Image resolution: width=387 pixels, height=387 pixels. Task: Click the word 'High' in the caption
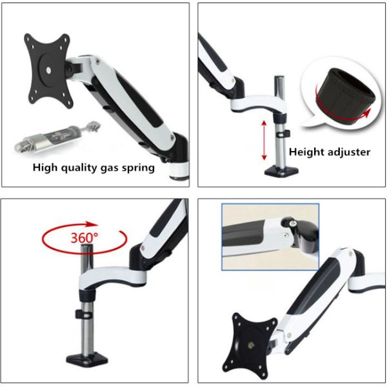[x=48, y=168]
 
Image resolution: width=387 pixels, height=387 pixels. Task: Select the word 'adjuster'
[x=348, y=153]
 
